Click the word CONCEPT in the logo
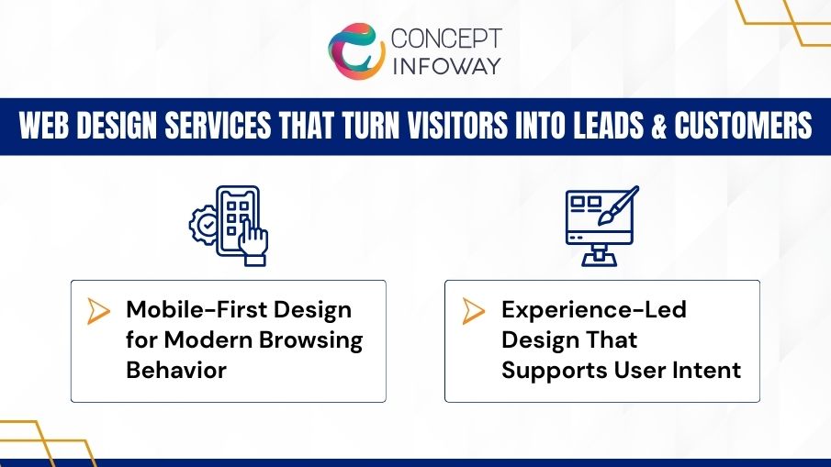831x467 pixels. [x=446, y=39]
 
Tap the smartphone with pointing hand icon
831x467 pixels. [x=241, y=226]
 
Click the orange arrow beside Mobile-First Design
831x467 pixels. [x=98, y=311]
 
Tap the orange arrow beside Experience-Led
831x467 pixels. [x=473, y=311]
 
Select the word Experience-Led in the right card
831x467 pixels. [x=593, y=309]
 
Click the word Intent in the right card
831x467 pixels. [x=708, y=372]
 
